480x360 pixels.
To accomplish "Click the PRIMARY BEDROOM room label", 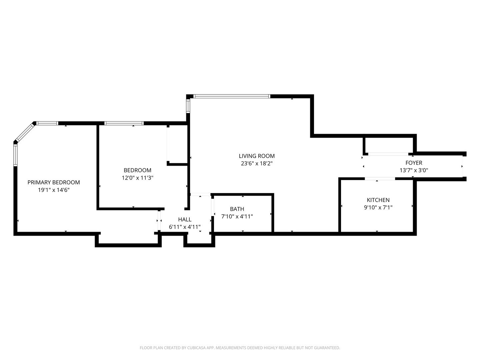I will pos(54,182).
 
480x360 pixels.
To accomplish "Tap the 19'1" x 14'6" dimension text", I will pos(54,190).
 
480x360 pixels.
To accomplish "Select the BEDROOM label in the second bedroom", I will pos(137,170).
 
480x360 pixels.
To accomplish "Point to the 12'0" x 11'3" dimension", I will pos(137,178).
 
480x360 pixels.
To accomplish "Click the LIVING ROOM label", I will pos(257,156).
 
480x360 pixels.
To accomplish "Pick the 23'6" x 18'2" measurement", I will pos(257,163).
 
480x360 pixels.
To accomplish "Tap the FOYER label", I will pos(414,163).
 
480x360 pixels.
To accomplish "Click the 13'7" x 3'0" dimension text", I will pos(414,170).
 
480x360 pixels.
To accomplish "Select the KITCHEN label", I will pos(378,200).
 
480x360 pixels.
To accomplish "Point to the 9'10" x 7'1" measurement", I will pos(378,207).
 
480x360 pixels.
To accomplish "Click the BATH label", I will pos(237,209).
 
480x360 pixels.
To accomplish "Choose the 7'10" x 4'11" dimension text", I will pos(237,216).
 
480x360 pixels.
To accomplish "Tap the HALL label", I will pos(185,219).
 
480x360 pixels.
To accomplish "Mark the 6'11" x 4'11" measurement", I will pos(185,227).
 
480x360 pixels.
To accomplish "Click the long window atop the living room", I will pos(232,97).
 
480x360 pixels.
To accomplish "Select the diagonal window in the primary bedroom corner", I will pos(24,133).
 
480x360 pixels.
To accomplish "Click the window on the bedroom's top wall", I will pos(124,123).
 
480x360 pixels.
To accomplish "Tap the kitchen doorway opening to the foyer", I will pos(380,179).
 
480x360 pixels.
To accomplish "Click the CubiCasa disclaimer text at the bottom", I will pos(240,348).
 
